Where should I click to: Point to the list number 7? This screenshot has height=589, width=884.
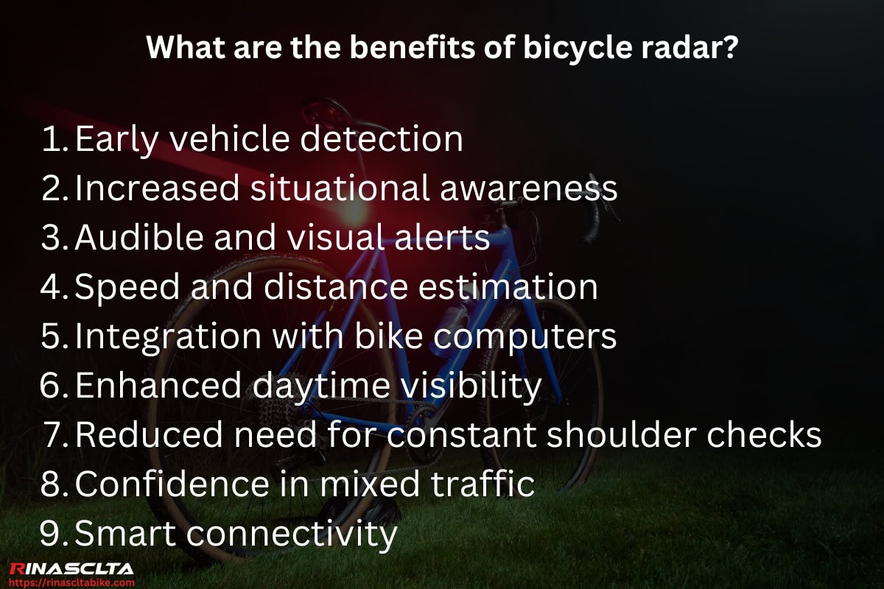coord(55,435)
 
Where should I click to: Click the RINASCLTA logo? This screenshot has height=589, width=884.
coord(71,568)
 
